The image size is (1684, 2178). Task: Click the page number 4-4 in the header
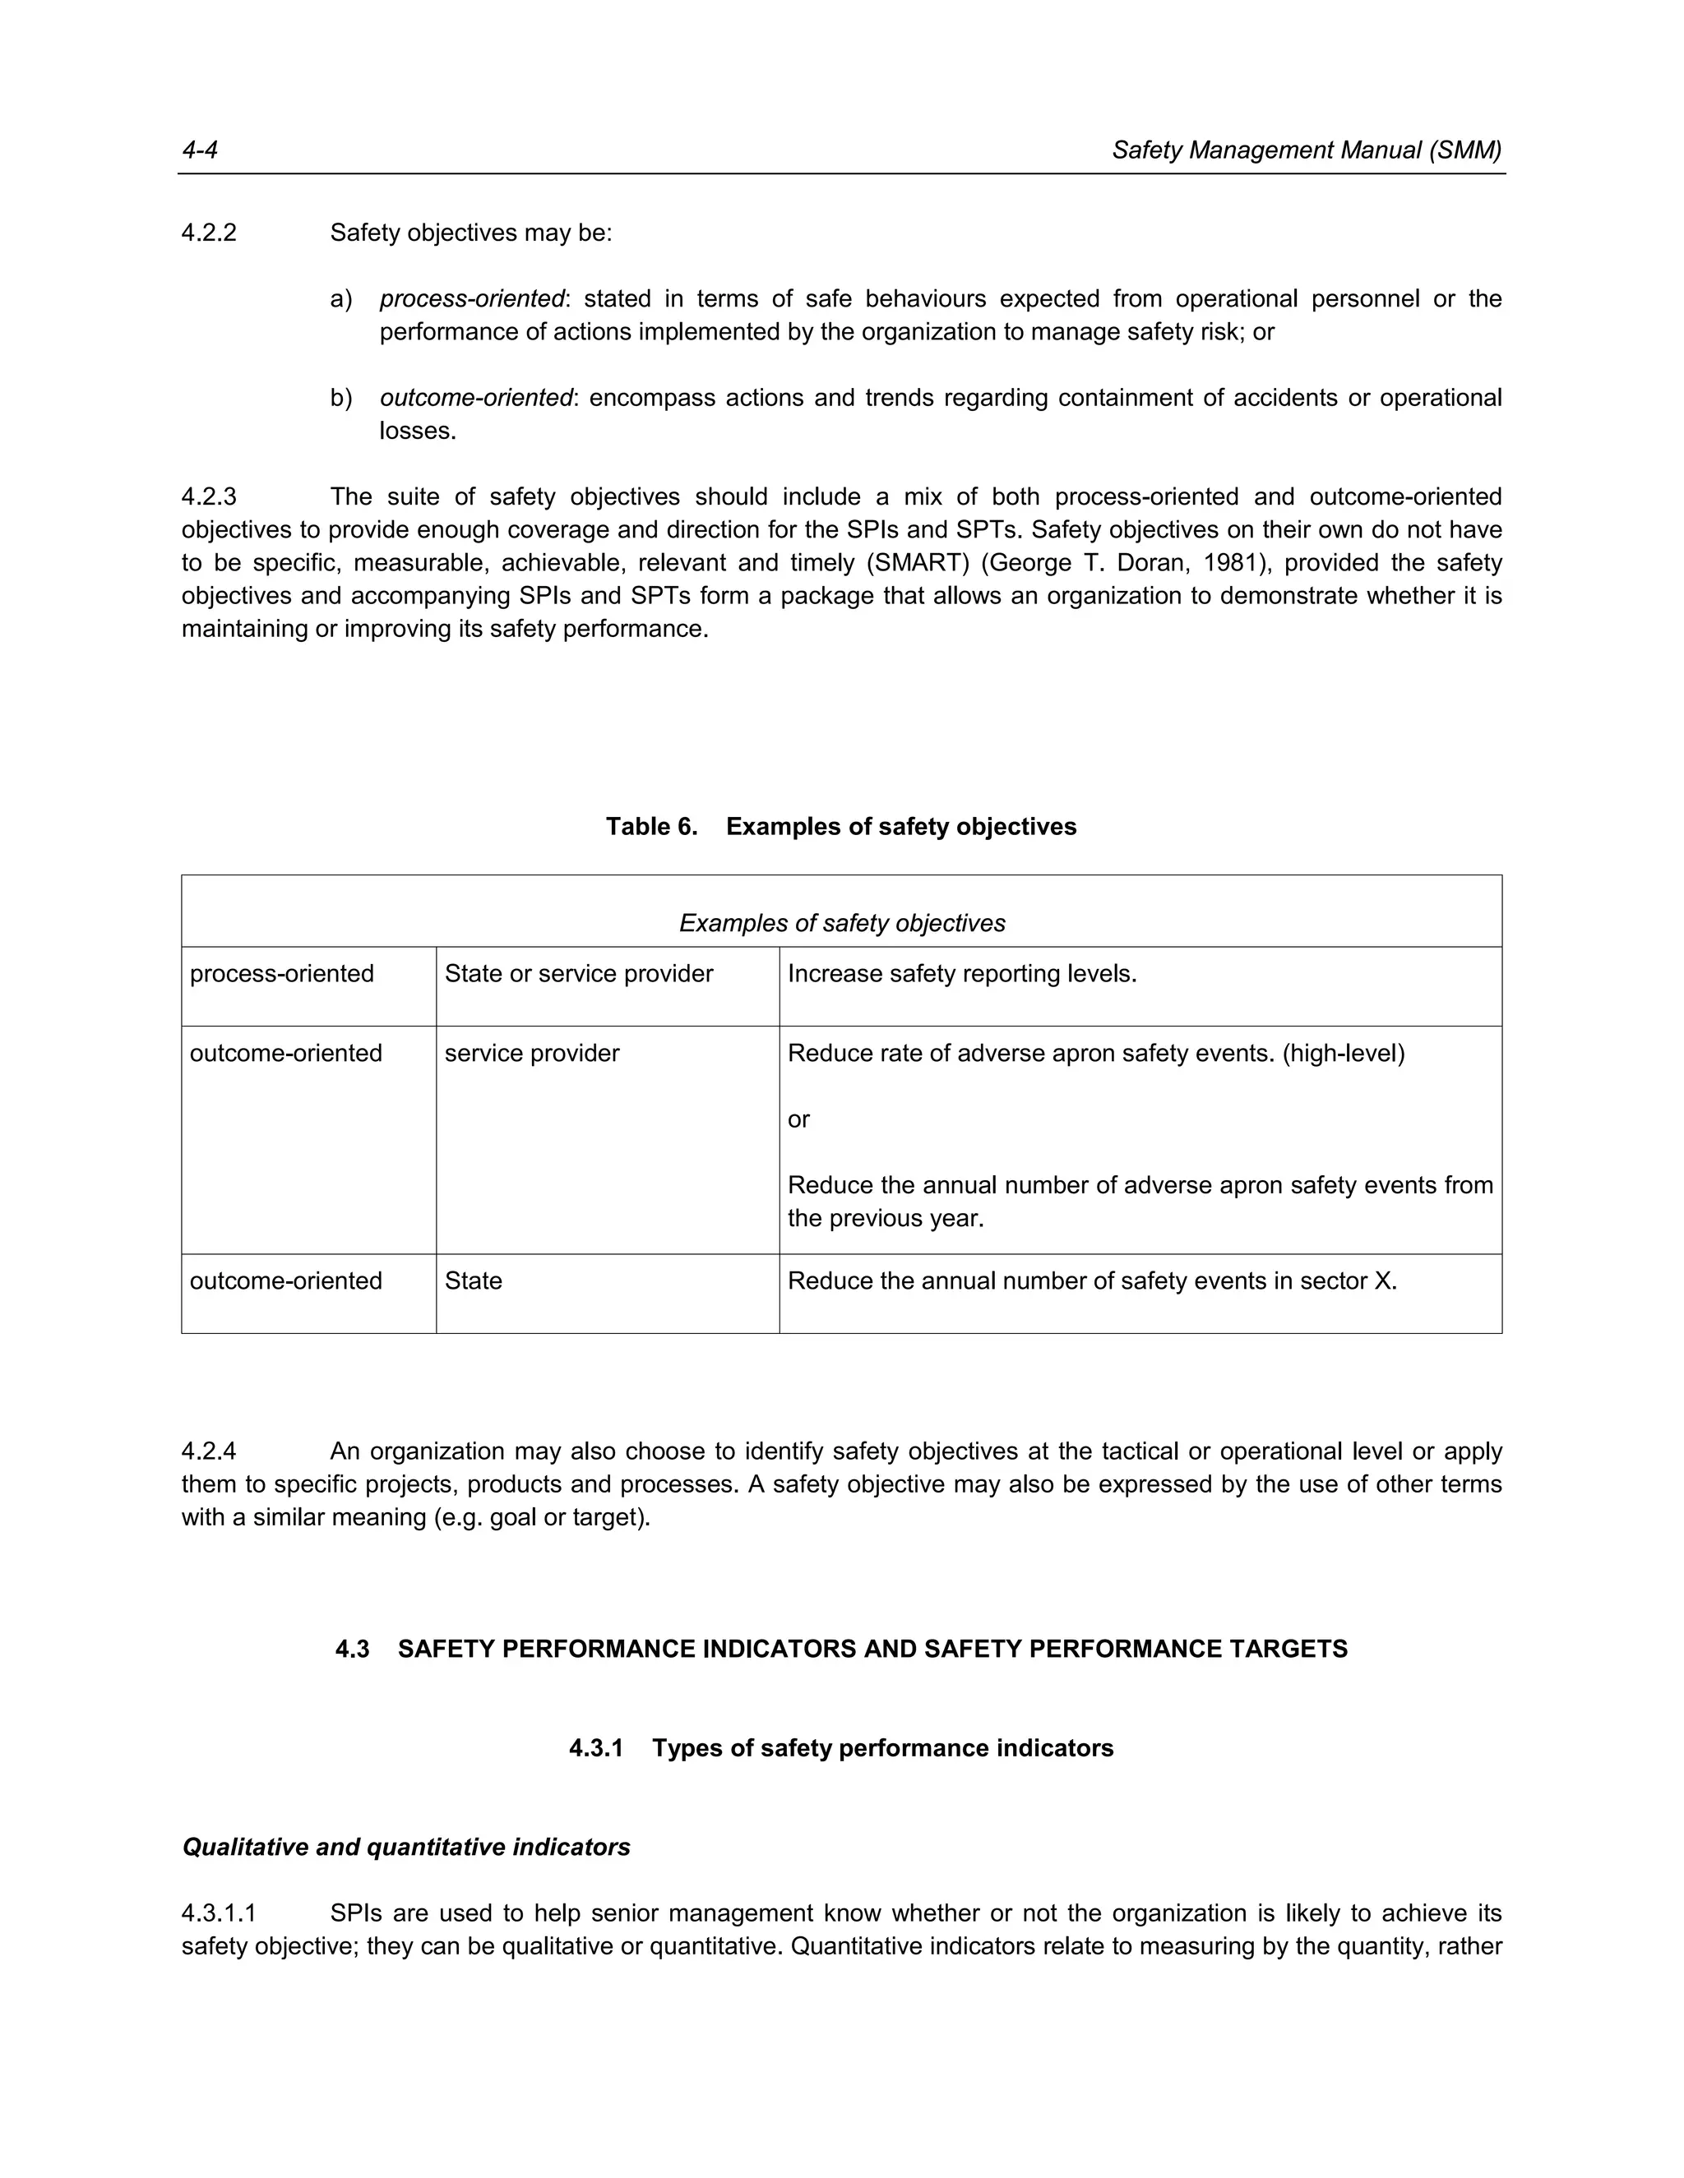(200, 150)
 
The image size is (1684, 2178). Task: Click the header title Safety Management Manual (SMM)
(1306, 150)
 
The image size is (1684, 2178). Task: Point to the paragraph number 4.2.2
(209, 233)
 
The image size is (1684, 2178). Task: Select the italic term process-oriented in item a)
(472, 298)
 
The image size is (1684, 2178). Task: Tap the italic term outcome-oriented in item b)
(476, 398)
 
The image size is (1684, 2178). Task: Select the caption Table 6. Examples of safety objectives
(841, 827)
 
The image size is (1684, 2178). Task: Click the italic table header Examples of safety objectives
(841, 924)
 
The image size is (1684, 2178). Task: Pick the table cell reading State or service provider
(579, 974)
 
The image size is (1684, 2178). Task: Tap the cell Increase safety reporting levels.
(962, 974)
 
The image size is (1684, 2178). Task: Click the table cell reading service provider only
(532, 1054)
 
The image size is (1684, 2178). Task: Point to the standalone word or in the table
(798, 1120)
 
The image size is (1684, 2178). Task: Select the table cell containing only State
(473, 1281)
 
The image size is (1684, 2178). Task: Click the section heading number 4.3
(352, 1650)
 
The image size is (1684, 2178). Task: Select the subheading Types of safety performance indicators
(882, 1748)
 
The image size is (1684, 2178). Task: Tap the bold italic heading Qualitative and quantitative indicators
(406, 1847)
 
